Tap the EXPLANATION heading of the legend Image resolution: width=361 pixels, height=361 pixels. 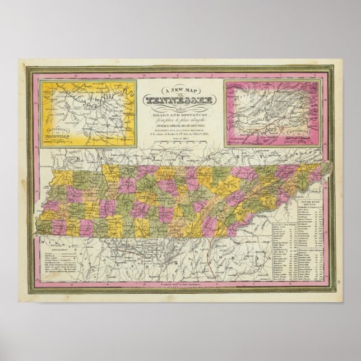click(51, 252)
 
